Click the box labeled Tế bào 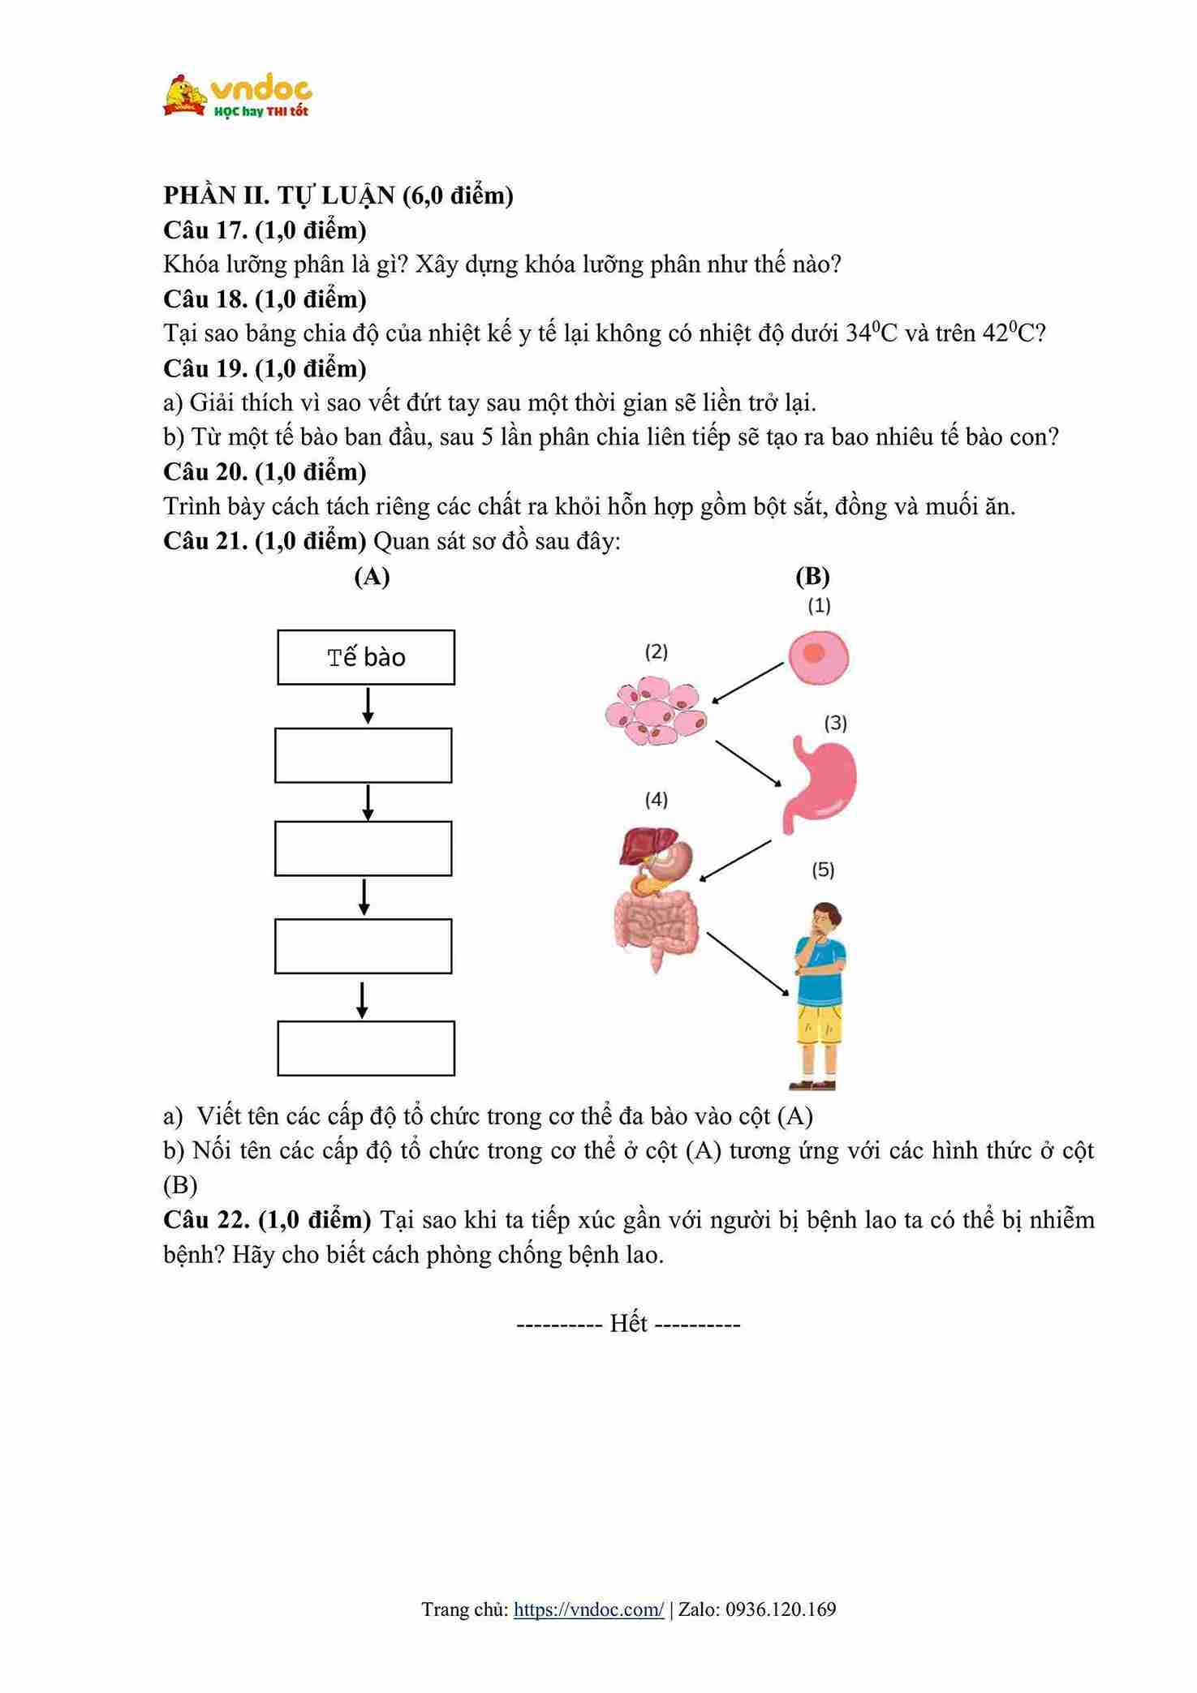[366, 657]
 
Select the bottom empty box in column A [366, 1048]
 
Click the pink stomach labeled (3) [820, 781]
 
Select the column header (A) [372, 576]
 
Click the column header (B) [812, 576]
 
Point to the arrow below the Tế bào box [368, 706]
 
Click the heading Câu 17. [205, 230]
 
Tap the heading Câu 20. [205, 471]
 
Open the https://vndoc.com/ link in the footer [588, 1609]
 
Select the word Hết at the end [628, 1324]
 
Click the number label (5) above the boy [823, 870]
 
